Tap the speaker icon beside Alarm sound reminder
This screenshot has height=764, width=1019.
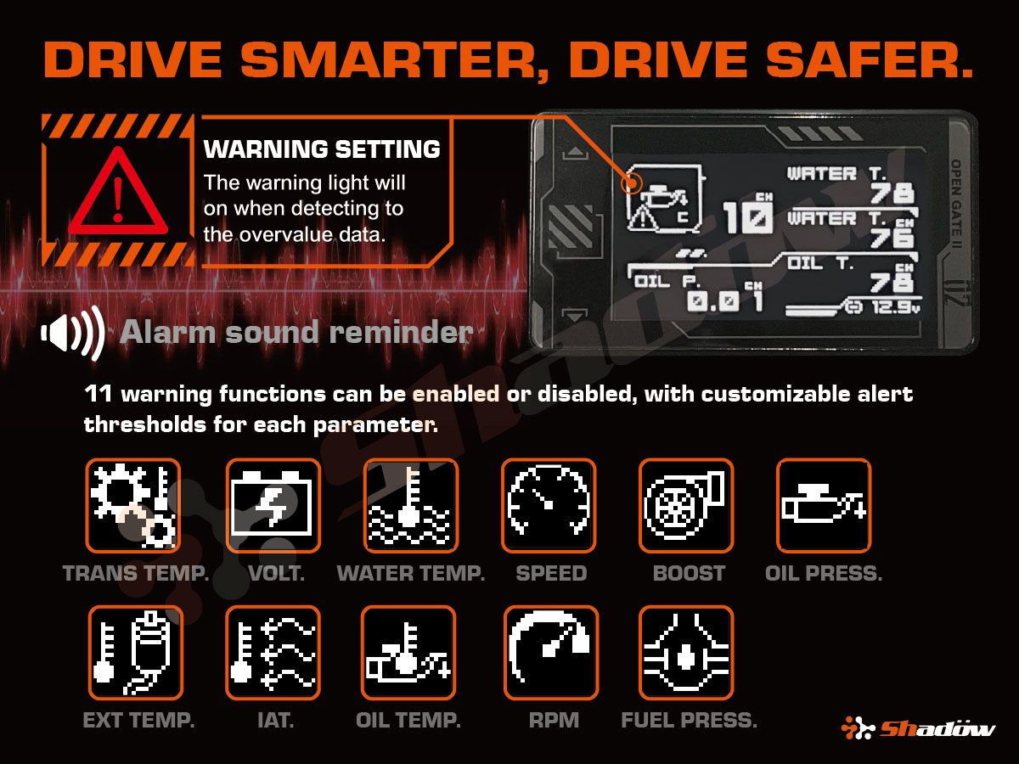[x=73, y=332]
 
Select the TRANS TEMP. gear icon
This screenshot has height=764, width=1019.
[x=133, y=506]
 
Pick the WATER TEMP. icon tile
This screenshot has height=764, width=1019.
[x=410, y=506]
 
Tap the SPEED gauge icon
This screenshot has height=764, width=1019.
[x=549, y=506]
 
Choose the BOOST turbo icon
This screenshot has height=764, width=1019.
[x=686, y=506]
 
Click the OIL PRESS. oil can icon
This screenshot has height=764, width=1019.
[x=824, y=506]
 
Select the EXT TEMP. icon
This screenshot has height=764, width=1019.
[x=135, y=652]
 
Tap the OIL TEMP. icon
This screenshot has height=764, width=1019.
[x=408, y=652]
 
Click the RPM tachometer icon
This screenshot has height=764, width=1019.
[x=551, y=652]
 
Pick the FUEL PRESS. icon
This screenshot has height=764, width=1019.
[x=686, y=652]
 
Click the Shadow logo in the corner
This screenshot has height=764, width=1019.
[x=917, y=728]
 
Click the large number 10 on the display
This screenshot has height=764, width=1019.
[x=747, y=217]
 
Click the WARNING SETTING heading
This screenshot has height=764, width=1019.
[x=322, y=150]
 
